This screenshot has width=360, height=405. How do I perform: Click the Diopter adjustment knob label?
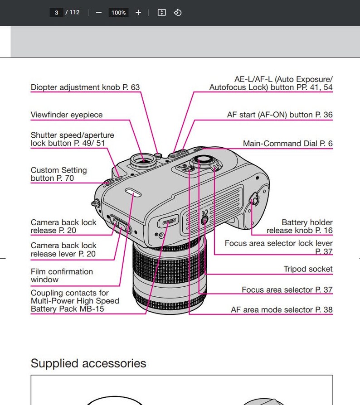click(85, 87)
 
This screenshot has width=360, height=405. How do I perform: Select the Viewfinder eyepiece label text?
click(67, 115)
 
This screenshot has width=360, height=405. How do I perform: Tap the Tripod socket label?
click(308, 269)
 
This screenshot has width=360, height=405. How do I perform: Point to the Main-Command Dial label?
click(287, 144)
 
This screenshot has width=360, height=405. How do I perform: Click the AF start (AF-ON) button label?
click(280, 115)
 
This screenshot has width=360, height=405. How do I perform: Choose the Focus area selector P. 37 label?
click(287, 290)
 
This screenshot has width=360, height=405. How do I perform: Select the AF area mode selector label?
click(282, 310)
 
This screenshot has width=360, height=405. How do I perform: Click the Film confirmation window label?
click(62, 275)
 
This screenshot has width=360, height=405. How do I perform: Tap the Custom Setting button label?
click(58, 174)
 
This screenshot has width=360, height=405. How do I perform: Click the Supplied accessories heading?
click(88, 363)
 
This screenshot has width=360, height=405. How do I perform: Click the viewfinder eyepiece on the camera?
click(142, 159)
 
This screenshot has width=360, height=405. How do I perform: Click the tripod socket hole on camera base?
click(203, 220)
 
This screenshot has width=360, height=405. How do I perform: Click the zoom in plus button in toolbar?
click(138, 13)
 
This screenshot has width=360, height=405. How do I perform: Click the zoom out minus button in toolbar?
click(99, 13)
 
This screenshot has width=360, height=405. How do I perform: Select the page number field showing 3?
click(56, 13)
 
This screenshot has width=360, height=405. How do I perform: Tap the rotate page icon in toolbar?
click(178, 13)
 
